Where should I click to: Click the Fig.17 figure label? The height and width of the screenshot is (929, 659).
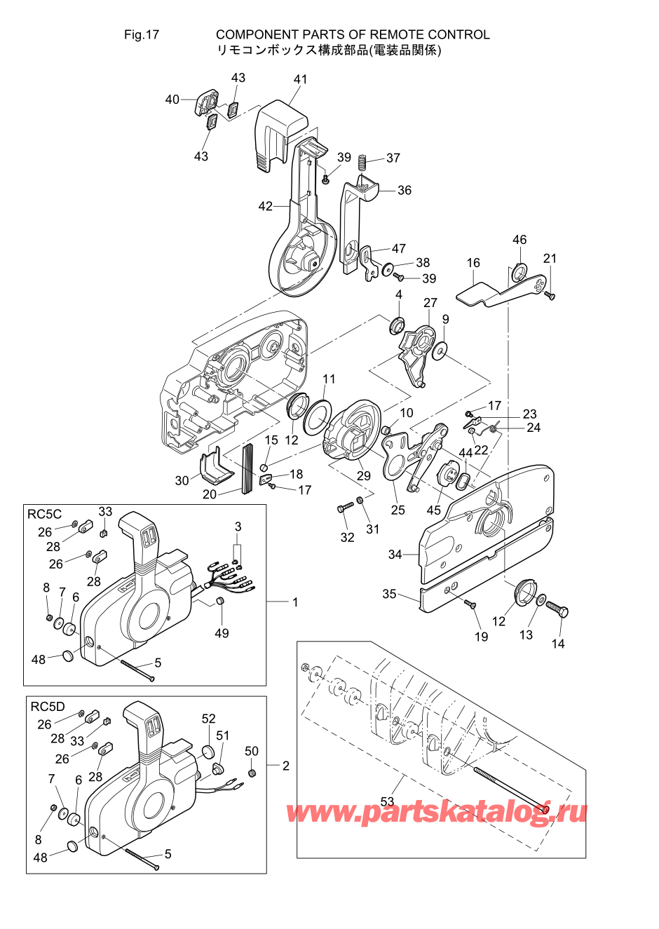pyautogui.click(x=142, y=34)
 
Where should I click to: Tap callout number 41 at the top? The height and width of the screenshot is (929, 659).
pyautogui.click(x=300, y=79)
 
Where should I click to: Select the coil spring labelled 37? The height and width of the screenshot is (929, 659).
pyautogui.click(x=363, y=161)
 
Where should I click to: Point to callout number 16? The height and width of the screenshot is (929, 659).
pyautogui.click(x=473, y=262)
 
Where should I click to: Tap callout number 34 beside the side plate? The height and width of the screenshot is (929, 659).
pyautogui.click(x=395, y=554)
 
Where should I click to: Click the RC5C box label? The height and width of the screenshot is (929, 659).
pyautogui.click(x=44, y=514)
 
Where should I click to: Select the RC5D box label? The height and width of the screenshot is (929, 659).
pyautogui.click(x=48, y=707)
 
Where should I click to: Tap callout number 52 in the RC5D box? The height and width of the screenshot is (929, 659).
pyautogui.click(x=209, y=719)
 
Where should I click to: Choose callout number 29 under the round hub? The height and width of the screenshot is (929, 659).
pyautogui.click(x=363, y=475)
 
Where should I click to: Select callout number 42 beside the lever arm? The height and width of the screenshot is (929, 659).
pyautogui.click(x=266, y=206)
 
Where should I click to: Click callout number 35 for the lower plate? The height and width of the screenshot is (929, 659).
pyautogui.click(x=389, y=594)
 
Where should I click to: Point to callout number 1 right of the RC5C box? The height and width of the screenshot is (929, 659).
pyautogui.click(x=295, y=602)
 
